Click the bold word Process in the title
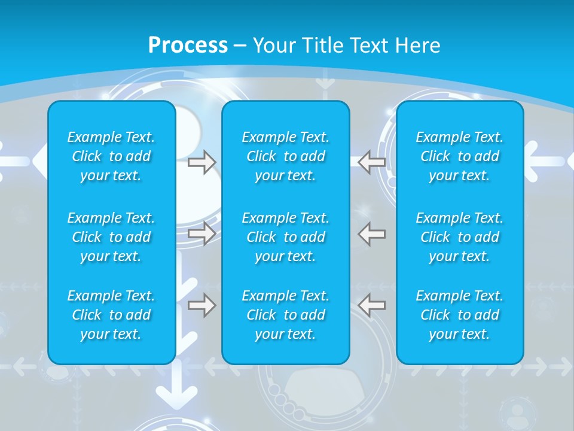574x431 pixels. click(188, 45)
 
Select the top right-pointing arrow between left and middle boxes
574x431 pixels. click(201, 162)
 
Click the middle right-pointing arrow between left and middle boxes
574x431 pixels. click(201, 233)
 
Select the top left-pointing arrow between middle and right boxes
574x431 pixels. click(372, 162)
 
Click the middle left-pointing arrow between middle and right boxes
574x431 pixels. click(372, 233)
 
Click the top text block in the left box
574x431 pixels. click(111, 156)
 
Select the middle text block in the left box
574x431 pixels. click(111, 237)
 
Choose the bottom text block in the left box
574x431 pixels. click(111, 315)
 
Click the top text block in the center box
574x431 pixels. click(285, 156)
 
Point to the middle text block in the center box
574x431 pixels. click(285, 237)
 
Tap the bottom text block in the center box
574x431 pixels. click(285, 315)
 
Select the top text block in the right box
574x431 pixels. click(459, 156)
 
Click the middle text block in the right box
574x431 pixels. click(459, 237)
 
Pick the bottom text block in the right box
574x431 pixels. click(459, 315)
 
